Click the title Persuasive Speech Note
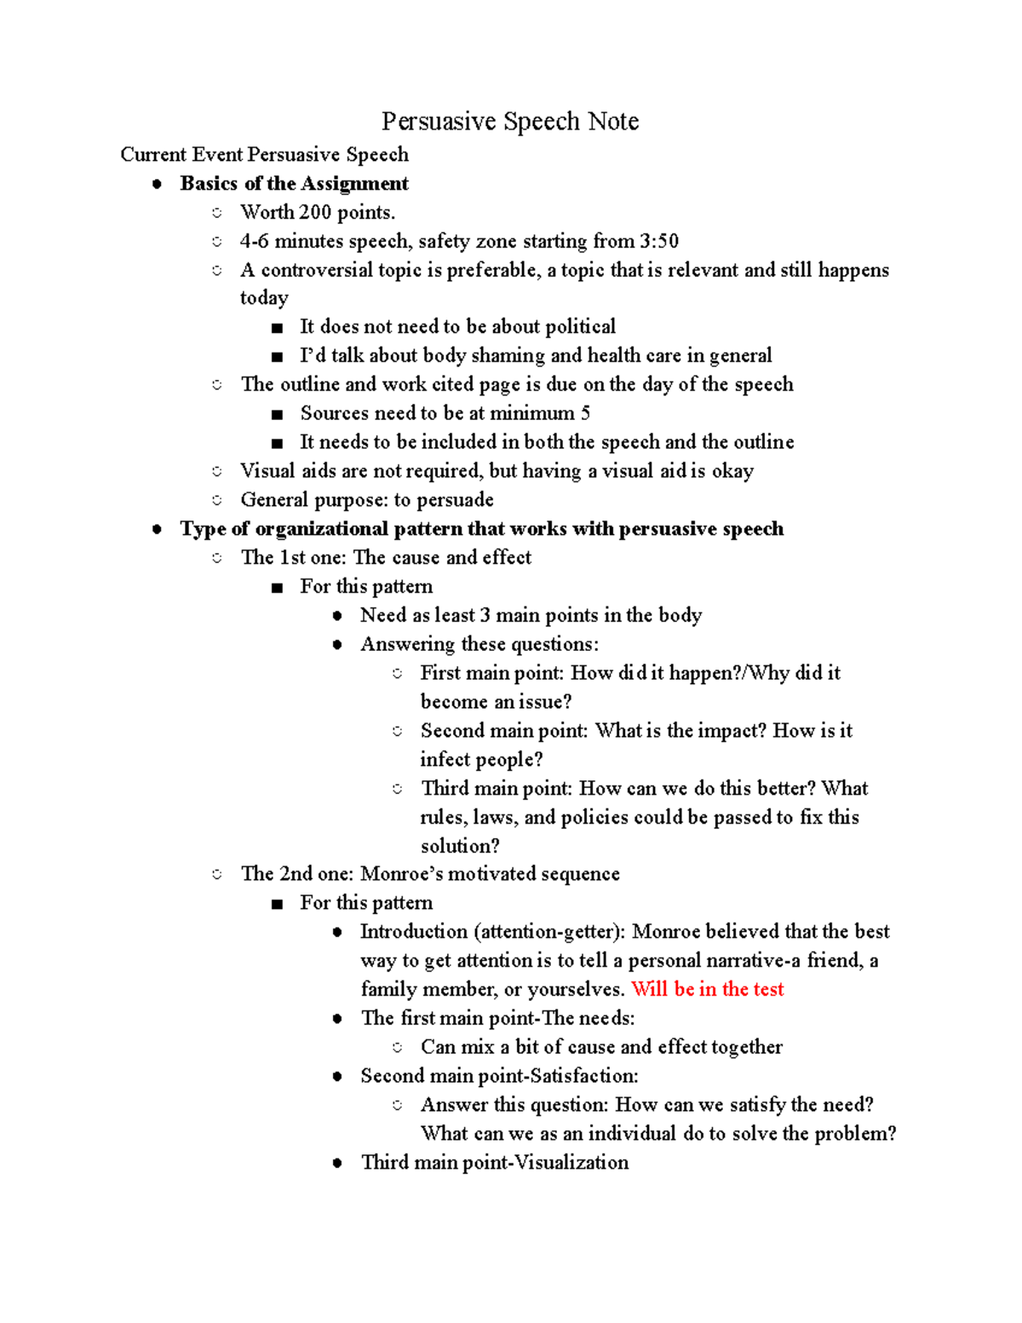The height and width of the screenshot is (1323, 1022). [x=509, y=122]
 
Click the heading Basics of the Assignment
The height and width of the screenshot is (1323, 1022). [x=294, y=184]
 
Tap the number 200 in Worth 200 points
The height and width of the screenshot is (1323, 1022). [x=314, y=213]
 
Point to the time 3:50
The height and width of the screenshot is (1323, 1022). [x=659, y=242]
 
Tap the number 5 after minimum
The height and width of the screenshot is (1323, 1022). [x=585, y=414]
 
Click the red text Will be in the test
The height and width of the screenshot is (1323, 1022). [x=707, y=990]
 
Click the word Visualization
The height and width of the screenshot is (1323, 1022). [x=572, y=1163]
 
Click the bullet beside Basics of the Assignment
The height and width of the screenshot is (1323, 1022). [x=157, y=184]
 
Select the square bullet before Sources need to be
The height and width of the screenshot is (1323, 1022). [x=276, y=415]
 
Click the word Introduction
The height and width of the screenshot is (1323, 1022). [x=414, y=932]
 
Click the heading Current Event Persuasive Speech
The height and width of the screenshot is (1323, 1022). [x=264, y=155]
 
